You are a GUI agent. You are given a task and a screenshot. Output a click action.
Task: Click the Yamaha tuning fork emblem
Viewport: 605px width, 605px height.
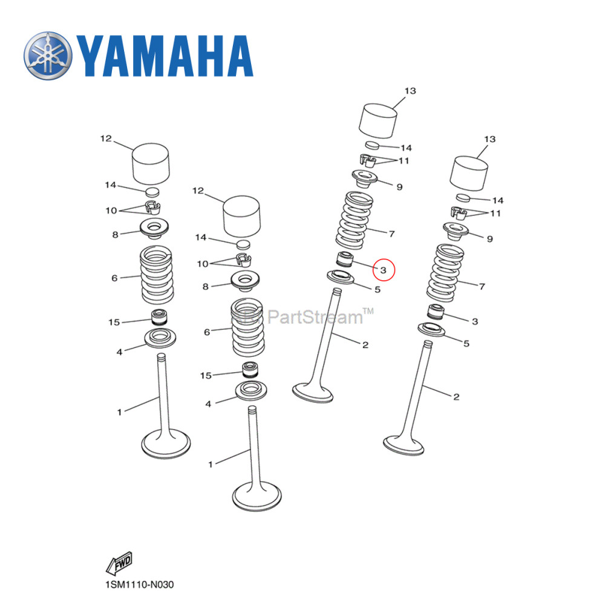pos(48,57)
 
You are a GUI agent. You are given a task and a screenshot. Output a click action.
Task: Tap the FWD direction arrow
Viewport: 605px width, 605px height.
pos(119,564)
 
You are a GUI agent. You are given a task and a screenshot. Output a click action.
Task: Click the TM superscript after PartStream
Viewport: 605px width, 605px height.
pos(368,311)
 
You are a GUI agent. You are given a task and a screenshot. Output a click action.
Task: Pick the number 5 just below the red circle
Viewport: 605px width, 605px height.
pos(377,290)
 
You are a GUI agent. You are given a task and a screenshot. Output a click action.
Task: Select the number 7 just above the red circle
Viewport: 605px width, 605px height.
pos(391,233)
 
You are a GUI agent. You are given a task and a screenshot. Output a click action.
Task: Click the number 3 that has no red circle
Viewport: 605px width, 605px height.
pos(475,321)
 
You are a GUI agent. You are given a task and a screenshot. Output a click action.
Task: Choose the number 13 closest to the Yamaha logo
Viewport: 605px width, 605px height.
pos(410,91)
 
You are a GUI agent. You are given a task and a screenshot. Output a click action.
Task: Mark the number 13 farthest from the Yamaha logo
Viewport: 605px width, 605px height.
pos(489,140)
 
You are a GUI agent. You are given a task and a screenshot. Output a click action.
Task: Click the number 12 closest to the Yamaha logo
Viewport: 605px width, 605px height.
pos(106,139)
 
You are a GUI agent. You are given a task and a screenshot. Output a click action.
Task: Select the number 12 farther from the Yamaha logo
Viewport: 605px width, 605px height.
pos(198,191)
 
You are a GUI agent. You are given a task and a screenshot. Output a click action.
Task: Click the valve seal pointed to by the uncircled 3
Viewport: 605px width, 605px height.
pos(436,313)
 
